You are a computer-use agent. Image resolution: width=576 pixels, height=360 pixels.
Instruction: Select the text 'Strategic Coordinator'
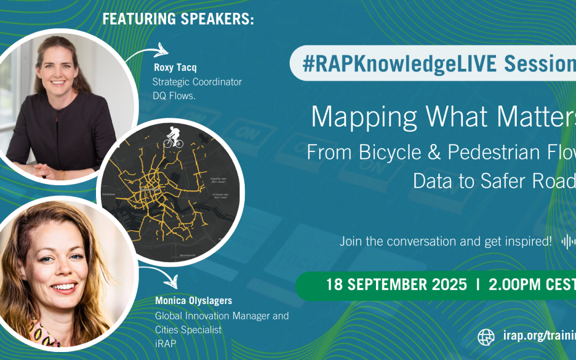[x=197, y=82]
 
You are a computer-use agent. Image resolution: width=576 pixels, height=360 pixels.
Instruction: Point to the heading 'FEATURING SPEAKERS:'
[x=178, y=19]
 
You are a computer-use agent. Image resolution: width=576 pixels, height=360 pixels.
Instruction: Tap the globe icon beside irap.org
[x=486, y=337]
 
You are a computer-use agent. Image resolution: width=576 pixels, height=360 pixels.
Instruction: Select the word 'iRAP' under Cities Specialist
[x=165, y=343]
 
